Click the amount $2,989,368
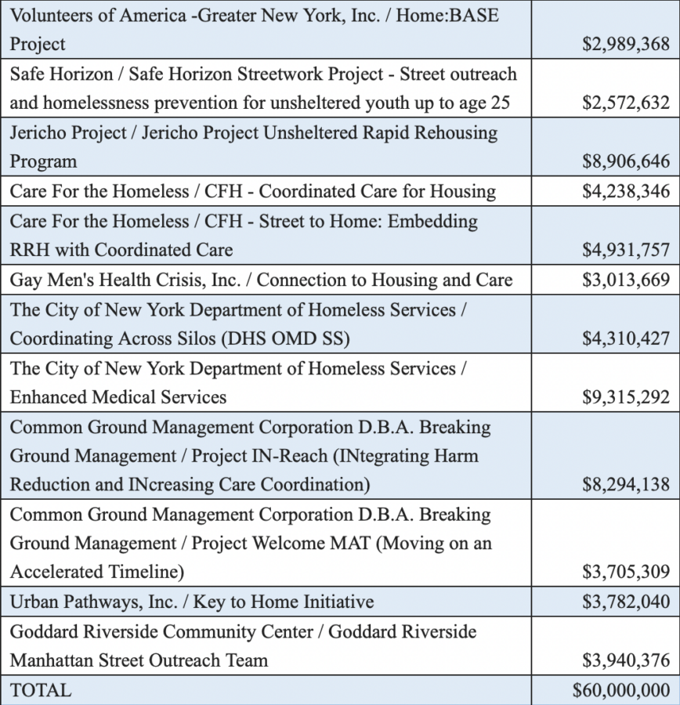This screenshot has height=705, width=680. [x=626, y=45]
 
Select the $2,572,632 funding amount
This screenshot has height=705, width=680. [x=626, y=103]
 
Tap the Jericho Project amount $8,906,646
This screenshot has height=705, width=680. [x=626, y=162]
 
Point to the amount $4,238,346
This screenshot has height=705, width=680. [x=626, y=192]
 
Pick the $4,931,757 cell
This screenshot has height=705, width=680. [x=626, y=251]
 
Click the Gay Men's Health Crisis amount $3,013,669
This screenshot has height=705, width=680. [x=626, y=280]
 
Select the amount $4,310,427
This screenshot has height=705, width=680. [x=626, y=339]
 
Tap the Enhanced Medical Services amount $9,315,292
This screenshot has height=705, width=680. [x=626, y=398]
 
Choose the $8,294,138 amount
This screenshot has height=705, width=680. [x=626, y=485]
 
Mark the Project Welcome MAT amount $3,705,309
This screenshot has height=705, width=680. [x=626, y=573]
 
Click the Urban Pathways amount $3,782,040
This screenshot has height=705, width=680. [x=626, y=602]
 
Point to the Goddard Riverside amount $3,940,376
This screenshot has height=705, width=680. [x=626, y=661]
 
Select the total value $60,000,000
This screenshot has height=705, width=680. [x=621, y=691]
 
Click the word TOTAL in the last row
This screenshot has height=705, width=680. [x=40, y=691]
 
